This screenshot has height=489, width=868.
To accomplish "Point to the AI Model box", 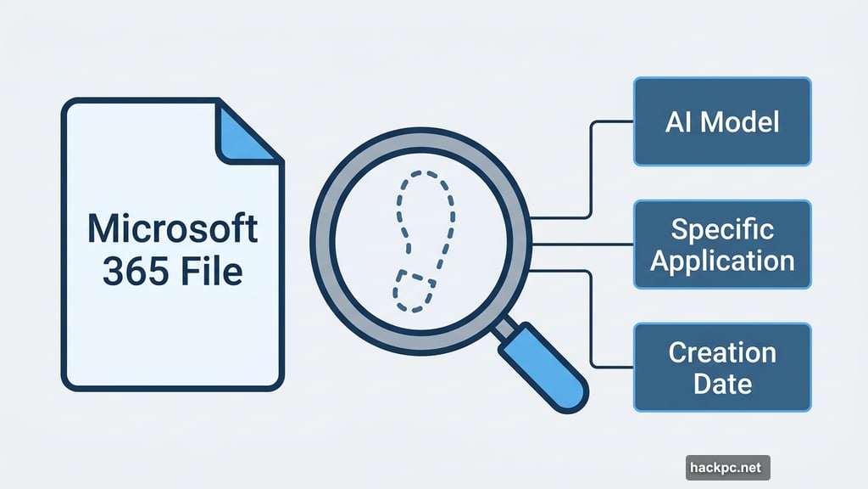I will (722, 121).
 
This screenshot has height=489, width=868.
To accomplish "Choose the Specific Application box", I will (722, 244).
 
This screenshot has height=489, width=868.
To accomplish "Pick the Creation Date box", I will (722, 367).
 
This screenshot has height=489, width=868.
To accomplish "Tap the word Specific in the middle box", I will (722, 228).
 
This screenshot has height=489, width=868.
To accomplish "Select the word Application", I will (722, 261).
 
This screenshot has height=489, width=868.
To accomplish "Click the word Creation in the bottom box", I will (722, 351).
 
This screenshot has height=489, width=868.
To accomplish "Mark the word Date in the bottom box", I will (722, 383).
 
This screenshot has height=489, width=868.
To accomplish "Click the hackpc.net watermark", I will (728, 467).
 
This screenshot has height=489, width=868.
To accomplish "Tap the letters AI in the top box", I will (677, 121).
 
